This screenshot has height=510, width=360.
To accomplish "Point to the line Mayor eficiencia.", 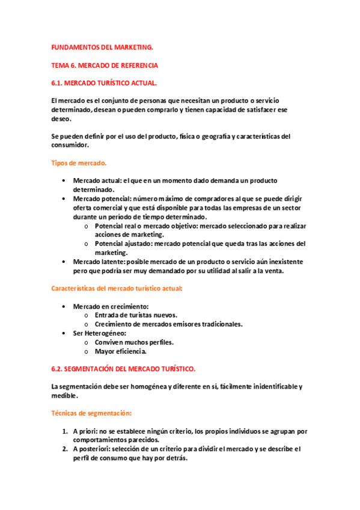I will [x=121, y=351].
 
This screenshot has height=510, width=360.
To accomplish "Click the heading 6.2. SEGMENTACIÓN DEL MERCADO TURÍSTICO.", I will [x=124, y=368].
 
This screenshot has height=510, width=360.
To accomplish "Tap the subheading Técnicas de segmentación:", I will [x=92, y=413].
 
